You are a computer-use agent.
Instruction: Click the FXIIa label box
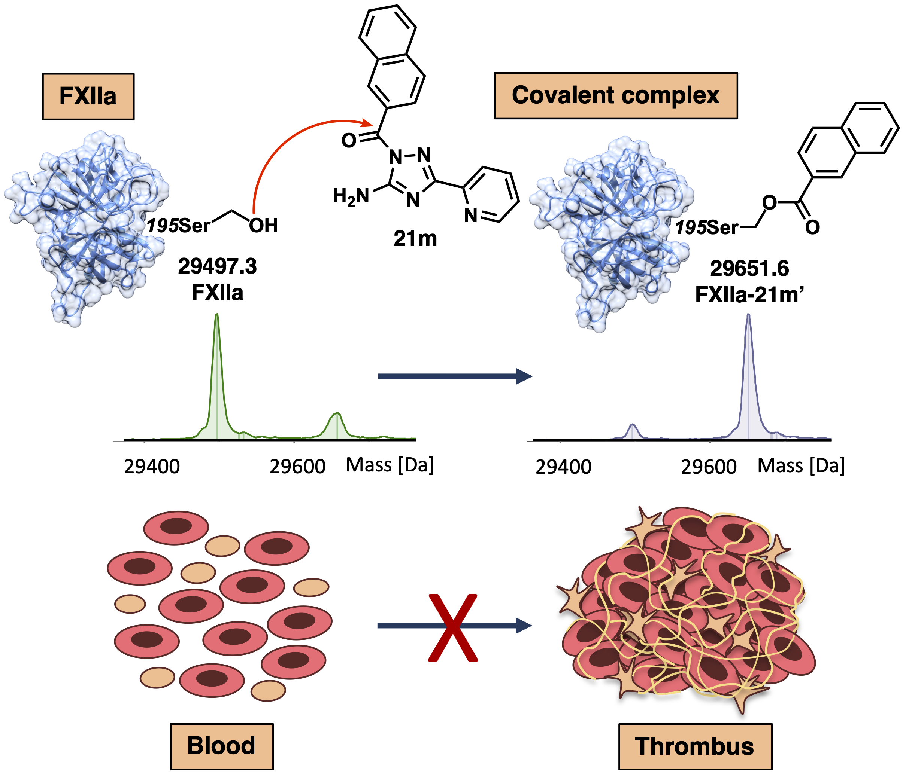point(88,96)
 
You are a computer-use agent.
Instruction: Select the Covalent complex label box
point(616,95)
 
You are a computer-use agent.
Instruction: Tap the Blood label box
point(221,745)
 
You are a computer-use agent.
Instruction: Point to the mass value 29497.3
point(217,266)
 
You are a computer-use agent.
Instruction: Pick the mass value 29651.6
point(749,268)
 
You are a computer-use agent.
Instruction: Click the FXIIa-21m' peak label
point(749,294)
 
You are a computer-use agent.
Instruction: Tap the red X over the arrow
point(452,627)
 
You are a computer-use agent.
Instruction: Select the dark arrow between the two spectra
point(455,376)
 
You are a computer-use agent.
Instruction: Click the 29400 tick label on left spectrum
point(152,467)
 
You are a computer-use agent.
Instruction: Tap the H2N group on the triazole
point(351,196)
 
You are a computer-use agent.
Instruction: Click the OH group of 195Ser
point(264,226)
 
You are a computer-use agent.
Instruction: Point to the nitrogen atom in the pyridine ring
point(470,215)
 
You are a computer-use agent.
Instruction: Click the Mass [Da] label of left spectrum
point(390,465)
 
